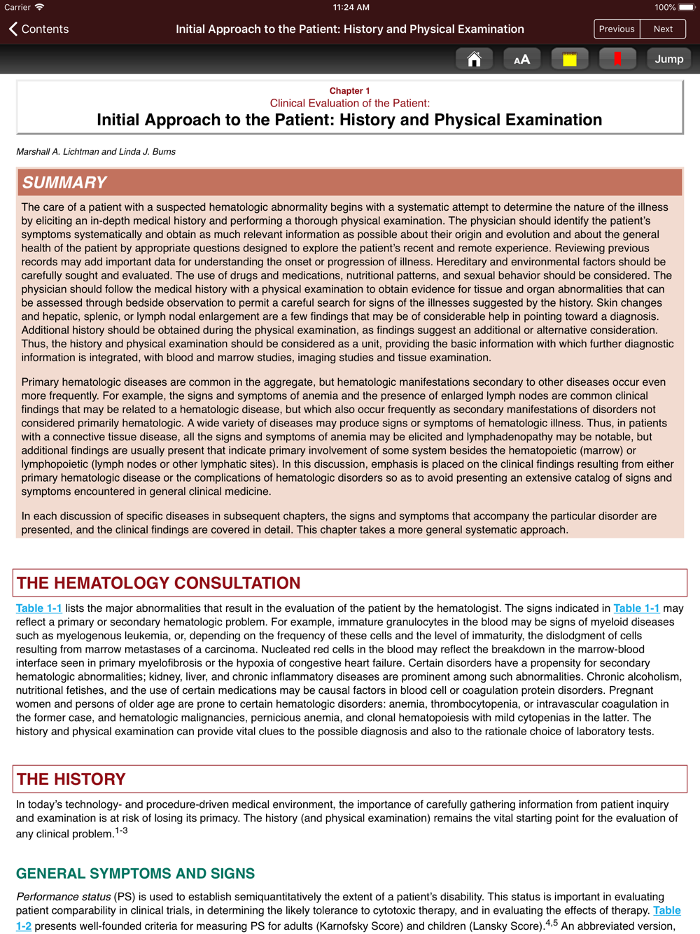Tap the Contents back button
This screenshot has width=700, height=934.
pyautogui.click(x=39, y=29)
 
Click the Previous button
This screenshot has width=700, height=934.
pyautogui.click(x=617, y=29)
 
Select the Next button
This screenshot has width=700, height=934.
pyautogui.click(x=663, y=29)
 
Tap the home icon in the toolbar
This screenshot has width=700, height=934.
pyautogui.click(x=474, y=60)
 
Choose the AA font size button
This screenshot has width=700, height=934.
pyautogui.click(x=521, y=60)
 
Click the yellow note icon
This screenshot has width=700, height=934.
pyautogui.click(x=569, y=60)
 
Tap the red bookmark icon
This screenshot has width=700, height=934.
pyautogui.click(x=617, y=60)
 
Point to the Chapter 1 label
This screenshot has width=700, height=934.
pyautogui.click(x=349, y=91)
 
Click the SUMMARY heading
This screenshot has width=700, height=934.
pyautogui.click(x=64, y=183)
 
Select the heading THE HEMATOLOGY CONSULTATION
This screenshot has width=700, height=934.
pyautogui.click(x=158, y=583)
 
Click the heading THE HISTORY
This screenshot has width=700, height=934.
pyautogui.click(x=71, y=779)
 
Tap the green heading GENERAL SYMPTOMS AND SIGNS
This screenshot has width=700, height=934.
pyautogui.click(x=135, y=874)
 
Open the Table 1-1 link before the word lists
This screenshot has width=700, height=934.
pyautogui.click(x=39, y=608)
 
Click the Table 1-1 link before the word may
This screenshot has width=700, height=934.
pyautogui.click(x=636, y=608)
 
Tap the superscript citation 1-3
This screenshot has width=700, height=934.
pyautogui.click(x=121, y=830)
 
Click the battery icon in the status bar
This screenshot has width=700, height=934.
pyautogui.click(x=686, y=8)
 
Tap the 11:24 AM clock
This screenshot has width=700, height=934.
pyautogui.click(x=351, y=8)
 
